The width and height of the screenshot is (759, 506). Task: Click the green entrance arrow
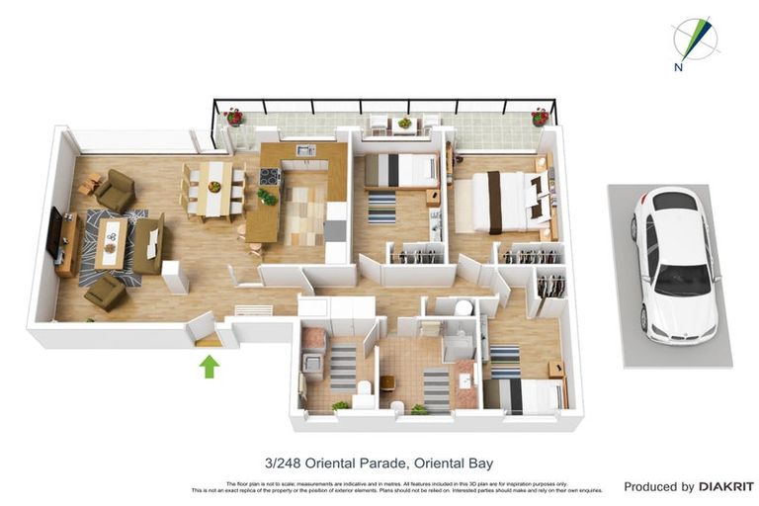[x=209, y=367]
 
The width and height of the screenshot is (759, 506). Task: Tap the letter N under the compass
[x=678, y=67]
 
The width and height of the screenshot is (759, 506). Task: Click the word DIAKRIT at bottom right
[x=726, y=486]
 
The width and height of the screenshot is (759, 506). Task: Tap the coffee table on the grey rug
[x=111, y=241]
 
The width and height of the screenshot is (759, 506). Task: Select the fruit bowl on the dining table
[x=213, y=186]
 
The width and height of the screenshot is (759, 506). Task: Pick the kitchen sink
[x=305, y=151]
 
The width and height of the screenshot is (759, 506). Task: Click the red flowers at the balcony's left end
[x=234, y=117]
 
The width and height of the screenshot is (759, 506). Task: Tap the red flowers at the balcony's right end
[x=540, y=118]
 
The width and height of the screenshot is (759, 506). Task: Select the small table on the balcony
[x=404, y=125]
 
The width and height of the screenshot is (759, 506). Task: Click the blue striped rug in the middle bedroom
[x=381, y=207]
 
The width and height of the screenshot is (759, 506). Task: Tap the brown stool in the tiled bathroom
[x=387, y=381]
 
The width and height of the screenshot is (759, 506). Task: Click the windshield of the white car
[x=681, y=280]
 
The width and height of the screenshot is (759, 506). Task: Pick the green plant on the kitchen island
[x=265, y=196]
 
